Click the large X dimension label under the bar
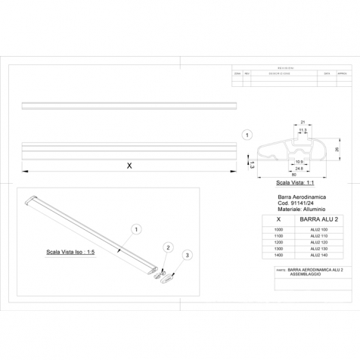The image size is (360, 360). click(129, 166)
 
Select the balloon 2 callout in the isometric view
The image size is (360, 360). click(169, 247)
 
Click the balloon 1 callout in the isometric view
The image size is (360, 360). click(135, 228)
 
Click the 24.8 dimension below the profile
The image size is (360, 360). click(299, 169)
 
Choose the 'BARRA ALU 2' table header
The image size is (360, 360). click(318, 218)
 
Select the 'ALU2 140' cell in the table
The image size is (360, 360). click(318, 256)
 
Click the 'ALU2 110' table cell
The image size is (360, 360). click(318, 235)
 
